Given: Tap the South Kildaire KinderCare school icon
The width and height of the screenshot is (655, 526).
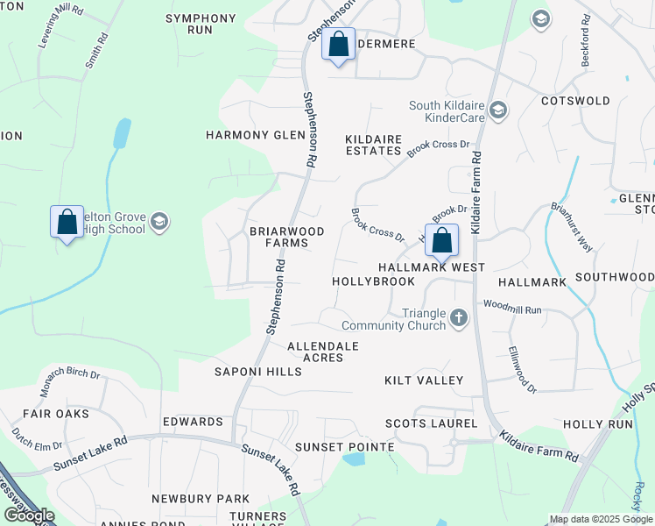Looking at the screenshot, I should coord(498,110).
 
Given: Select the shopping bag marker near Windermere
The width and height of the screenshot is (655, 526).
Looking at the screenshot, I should coord(338,45).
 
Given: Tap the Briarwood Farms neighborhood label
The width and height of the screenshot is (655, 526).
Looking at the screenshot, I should coord(286,237).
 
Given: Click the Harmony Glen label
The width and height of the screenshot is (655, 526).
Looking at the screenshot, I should coord(255,135).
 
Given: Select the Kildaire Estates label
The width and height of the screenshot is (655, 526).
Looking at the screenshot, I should coord(372,145).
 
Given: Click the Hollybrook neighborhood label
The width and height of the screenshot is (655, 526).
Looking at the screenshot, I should coord(373,281).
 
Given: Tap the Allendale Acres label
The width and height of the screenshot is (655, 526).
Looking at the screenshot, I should coord(323,352).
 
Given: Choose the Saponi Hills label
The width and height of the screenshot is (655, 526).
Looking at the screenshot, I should coord(258,372).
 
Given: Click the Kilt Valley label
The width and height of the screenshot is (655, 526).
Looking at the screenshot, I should coord(424,380).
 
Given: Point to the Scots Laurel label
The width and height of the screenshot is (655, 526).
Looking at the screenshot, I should coord(432,423).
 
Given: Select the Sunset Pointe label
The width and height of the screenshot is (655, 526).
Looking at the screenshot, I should coord(344,447).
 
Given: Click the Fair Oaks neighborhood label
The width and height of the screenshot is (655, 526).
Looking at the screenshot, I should coord(56,413).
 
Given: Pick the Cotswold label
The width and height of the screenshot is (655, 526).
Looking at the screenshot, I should coord(575,101).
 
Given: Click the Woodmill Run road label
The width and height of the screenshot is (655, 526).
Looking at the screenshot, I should coord(513,309).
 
